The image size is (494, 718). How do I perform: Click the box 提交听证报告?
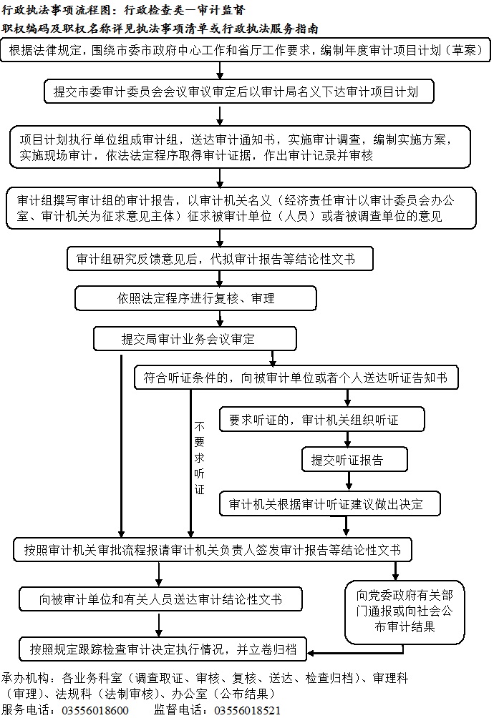(x=354, y=459)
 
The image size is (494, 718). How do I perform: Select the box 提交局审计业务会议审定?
(x=195, y=339)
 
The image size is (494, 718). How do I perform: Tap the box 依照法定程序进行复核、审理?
(x=195, y=298)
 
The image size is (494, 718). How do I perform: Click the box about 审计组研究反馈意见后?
(x=220, y=259)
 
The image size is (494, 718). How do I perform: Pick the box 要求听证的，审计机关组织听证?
(x=321, y=419)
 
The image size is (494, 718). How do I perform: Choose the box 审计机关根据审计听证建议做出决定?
(x=330, y=503)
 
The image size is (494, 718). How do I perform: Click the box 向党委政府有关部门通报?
(x=405, y=612)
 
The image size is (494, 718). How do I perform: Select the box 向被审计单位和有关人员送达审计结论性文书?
(x=160, y=599)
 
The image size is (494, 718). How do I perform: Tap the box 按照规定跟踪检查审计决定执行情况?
(x=163, y=649)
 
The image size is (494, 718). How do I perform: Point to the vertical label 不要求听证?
(x=199, y=458)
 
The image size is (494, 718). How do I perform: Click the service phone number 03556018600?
(x=95, y=710)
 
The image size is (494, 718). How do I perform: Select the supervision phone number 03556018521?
(x=248, y=710)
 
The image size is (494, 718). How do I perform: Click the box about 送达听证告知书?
(x=296, y=378)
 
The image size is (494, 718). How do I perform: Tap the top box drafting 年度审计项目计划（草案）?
(x=246, y=50)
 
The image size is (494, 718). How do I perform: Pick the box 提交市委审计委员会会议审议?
(x=238, y=92)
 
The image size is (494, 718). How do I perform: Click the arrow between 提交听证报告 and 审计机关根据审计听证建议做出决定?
(x=349, y=481)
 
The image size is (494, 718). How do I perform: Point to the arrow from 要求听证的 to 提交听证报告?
(x=347, y=439)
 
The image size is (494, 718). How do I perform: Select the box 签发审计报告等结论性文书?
(x=213, y=549)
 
